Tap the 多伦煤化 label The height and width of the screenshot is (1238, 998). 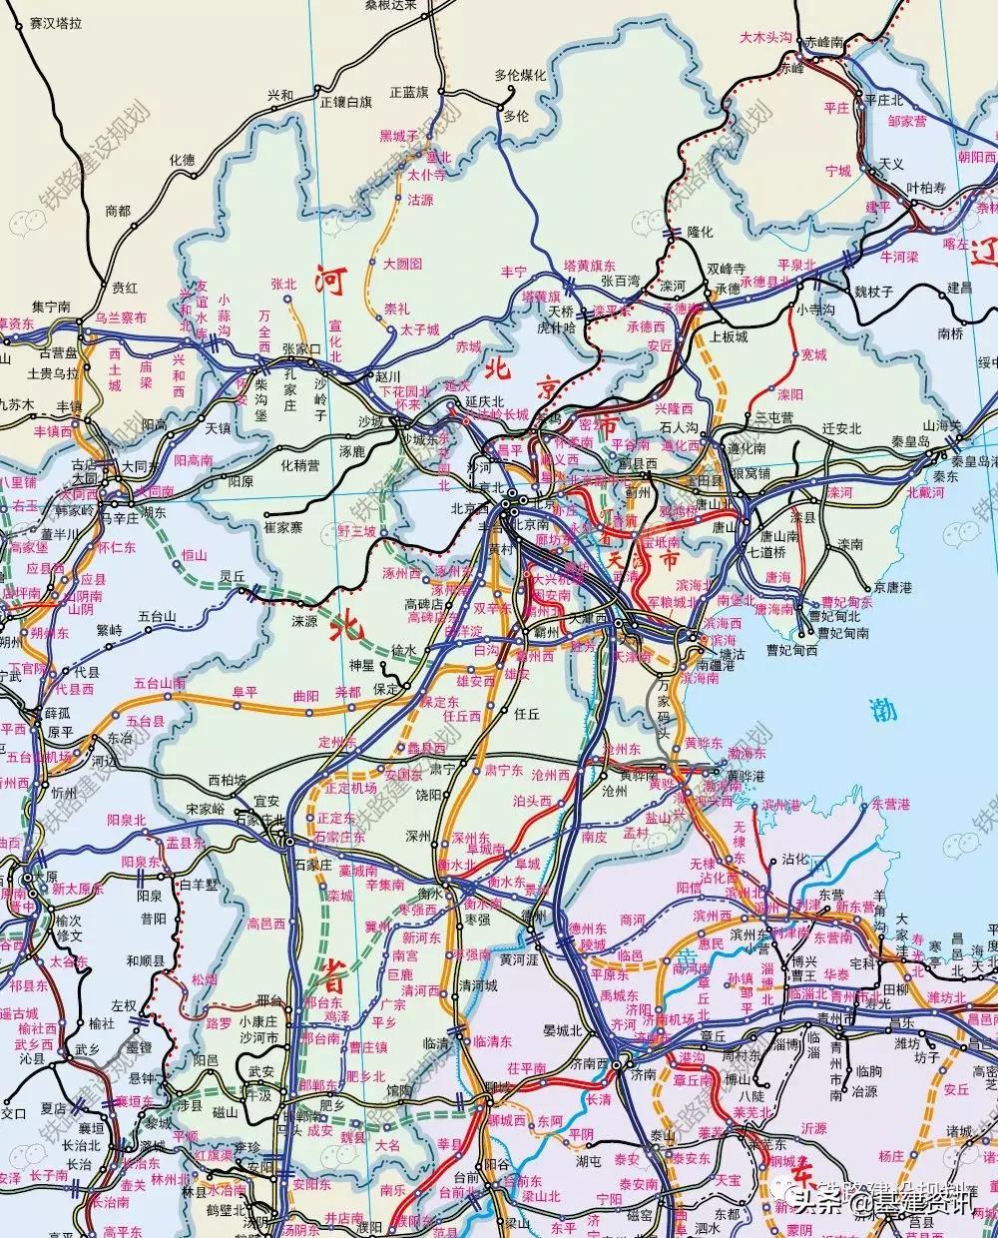click(520, 75)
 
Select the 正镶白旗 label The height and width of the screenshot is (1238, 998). click(345, 102)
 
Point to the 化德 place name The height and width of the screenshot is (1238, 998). click(182, 159)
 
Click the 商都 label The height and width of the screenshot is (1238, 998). click(118, 211)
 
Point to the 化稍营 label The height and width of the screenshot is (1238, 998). click(299, 464)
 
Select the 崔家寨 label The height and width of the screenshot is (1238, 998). click(282, 526)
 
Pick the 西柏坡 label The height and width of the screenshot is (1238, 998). click(227, 779)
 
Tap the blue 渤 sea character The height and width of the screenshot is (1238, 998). click(883, 711)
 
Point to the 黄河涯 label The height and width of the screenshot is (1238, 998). click(519, 959)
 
